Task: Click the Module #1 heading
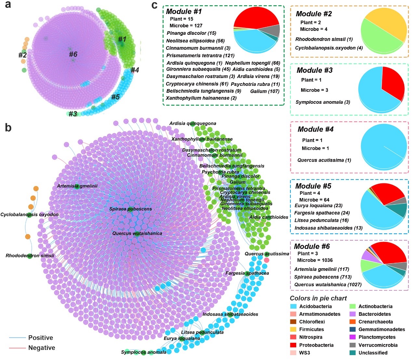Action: coord(184,11)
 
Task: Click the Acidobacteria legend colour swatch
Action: coord(294,306)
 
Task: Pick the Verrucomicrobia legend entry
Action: coord(378,345)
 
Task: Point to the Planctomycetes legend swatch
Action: coord(352,337)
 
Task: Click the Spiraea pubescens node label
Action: coord(130,209)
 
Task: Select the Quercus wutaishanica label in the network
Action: coord(137,233)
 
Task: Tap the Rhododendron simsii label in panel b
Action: coord(30,256)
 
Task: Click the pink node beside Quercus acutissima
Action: coord(267,260)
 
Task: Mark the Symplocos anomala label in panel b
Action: coord(143,352)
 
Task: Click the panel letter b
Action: coord(8,128)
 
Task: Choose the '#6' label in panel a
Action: coord(73,54)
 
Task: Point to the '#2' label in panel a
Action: coord(22,55)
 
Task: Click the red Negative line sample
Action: coord(17,348)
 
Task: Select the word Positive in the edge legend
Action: coord(41,338)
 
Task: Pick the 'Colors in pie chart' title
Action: coord(318,298)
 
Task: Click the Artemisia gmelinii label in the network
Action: coord(77,186)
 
